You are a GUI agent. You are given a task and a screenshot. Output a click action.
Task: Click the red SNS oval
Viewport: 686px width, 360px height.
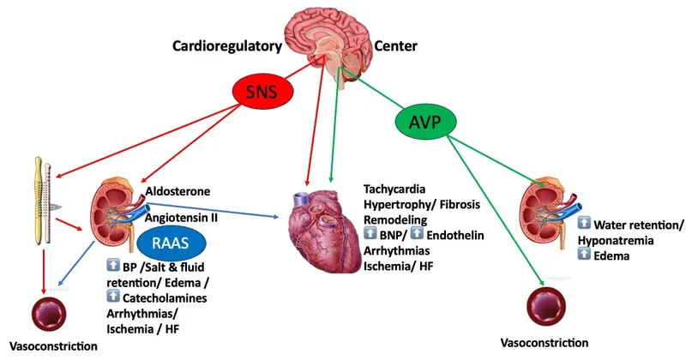[261, 92]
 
